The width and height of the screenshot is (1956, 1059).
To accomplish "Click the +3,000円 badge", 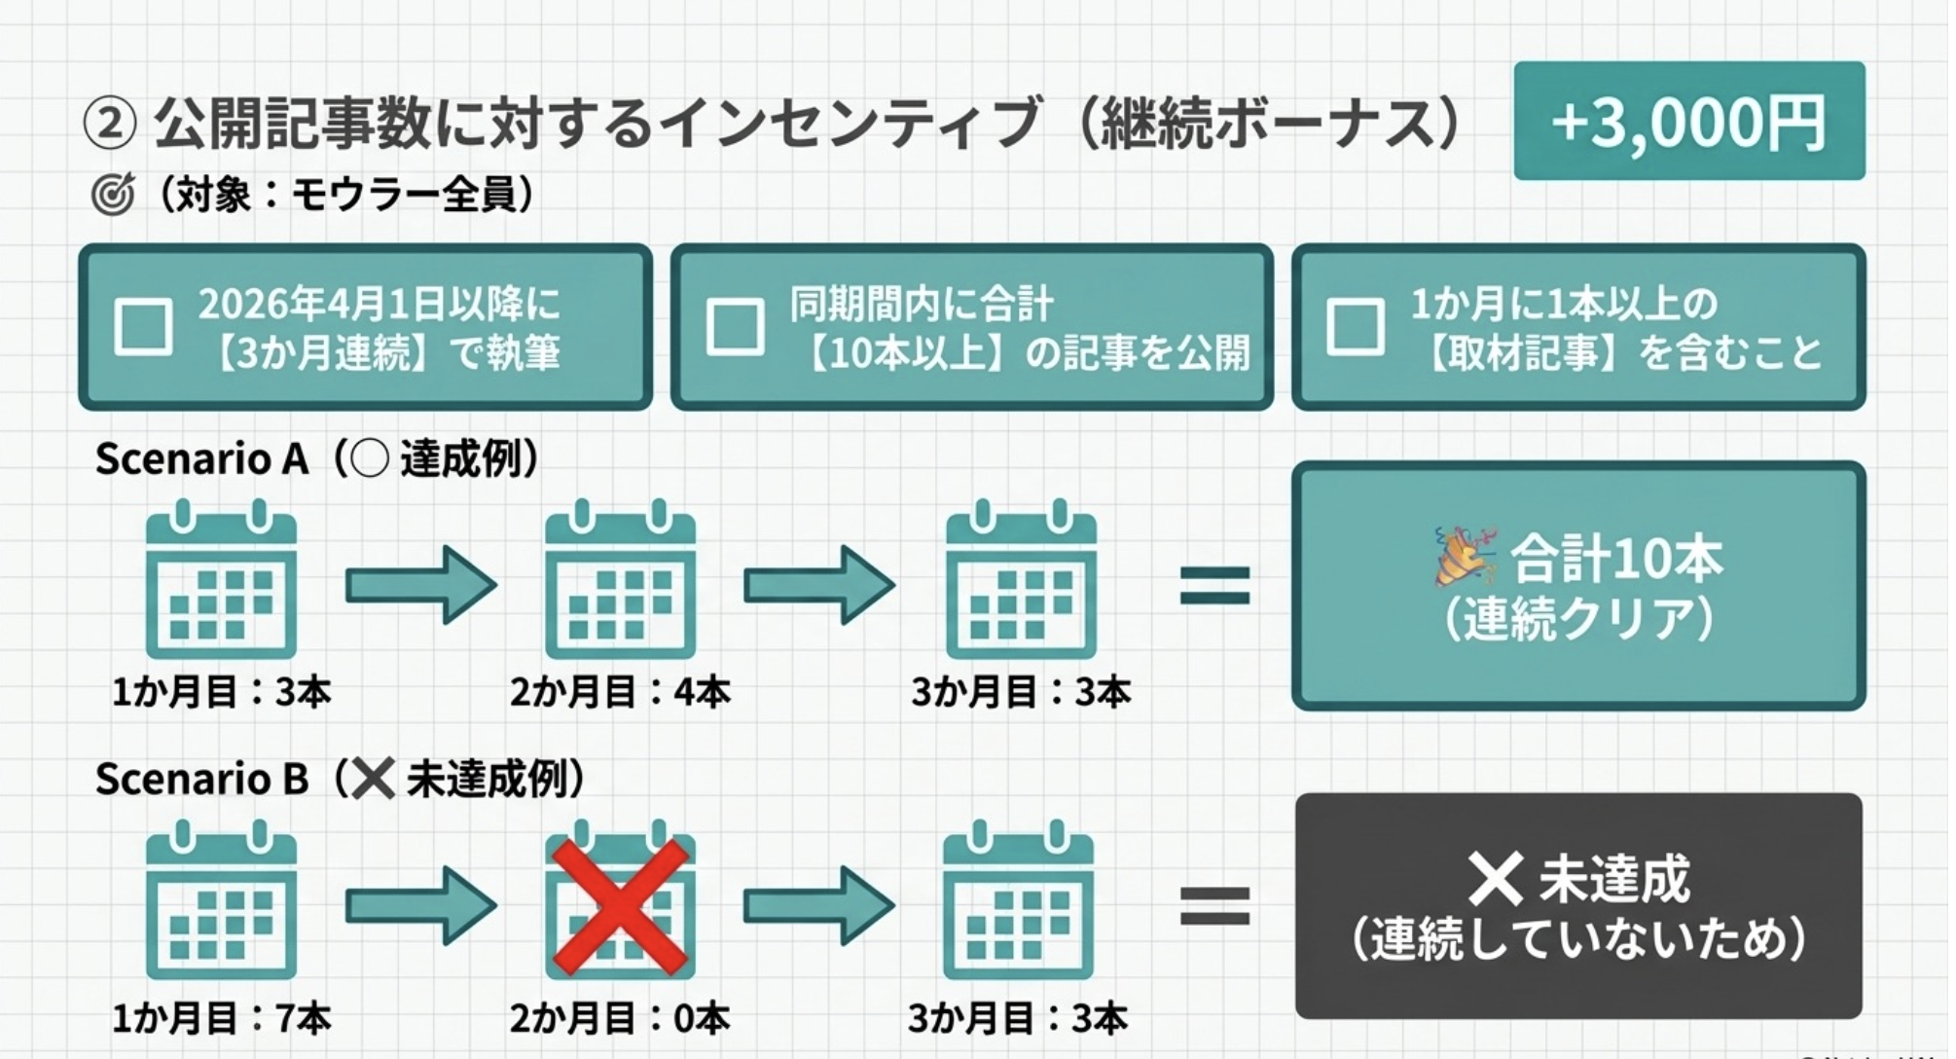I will [1688, 122].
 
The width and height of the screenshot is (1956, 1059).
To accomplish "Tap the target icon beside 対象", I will [112, 196].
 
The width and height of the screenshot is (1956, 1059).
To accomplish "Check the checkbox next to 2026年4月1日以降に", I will [143, 326].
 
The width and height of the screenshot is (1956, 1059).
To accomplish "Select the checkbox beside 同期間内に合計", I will [735, 326].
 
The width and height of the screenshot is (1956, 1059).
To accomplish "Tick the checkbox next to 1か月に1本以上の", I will [1355, 326].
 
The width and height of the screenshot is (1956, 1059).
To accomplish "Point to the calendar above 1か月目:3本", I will [221, 581].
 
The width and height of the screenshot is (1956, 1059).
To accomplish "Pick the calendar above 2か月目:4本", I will [620, 581].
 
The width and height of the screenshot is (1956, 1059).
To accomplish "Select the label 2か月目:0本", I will [620, 1019].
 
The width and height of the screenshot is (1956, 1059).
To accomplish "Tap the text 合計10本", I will [1615, 558].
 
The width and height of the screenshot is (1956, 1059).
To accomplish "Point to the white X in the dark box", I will [1495, 878].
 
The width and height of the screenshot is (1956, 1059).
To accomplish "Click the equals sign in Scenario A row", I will [1214, 586].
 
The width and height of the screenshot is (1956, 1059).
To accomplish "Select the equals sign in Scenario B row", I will [1214, 906].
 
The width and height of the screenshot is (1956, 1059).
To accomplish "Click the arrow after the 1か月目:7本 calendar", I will [420, 906].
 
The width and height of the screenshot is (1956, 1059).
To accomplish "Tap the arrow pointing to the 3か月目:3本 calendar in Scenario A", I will [819, 585].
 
